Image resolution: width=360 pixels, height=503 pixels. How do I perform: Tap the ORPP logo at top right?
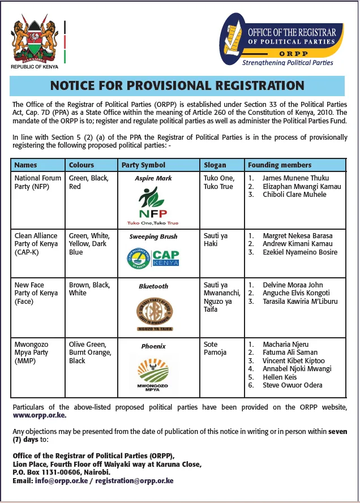pos(281,41)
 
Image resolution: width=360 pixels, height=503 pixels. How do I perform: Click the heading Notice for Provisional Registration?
pos(177,85)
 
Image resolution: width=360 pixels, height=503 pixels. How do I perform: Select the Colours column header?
pos(82,165)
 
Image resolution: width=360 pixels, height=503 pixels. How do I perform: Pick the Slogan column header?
pos(215,165)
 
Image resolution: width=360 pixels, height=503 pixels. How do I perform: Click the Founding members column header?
pos(280,165)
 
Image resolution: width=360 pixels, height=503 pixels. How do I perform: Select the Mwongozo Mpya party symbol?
pos(153,373)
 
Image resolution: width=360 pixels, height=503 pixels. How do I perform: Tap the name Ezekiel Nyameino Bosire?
pos(300,252)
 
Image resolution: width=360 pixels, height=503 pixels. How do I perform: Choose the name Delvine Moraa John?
pos(293,285)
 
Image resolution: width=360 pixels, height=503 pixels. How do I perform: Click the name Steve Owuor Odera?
pos(293,385)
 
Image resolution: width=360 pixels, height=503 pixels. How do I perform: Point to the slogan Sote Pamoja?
pos(215,349)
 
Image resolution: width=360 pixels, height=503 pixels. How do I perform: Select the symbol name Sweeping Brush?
pos(153,237)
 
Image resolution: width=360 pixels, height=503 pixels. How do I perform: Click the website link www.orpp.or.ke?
pos(40,415)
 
